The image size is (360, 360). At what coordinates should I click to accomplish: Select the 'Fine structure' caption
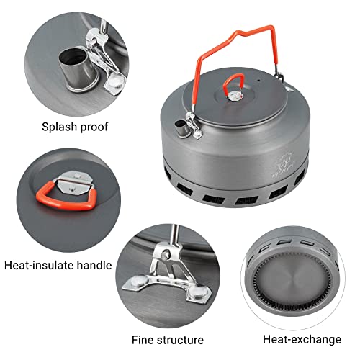click(167, 339)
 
